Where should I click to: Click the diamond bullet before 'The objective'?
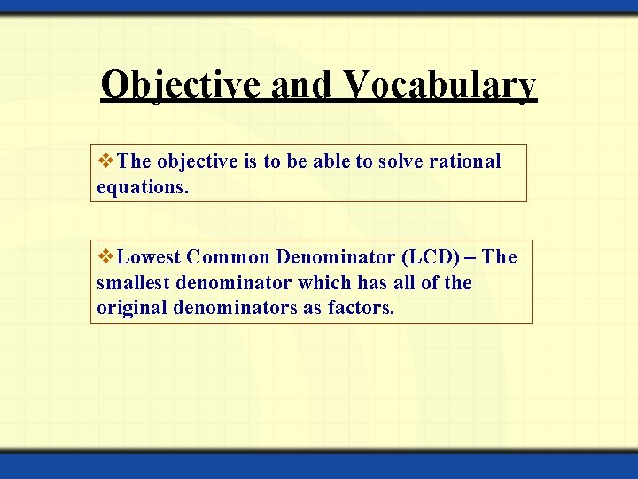point(106,161)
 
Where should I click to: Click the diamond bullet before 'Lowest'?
point(106,257)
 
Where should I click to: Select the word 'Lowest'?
point(149,257)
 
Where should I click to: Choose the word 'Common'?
point(229,257)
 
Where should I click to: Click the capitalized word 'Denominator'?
point(336,257)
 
